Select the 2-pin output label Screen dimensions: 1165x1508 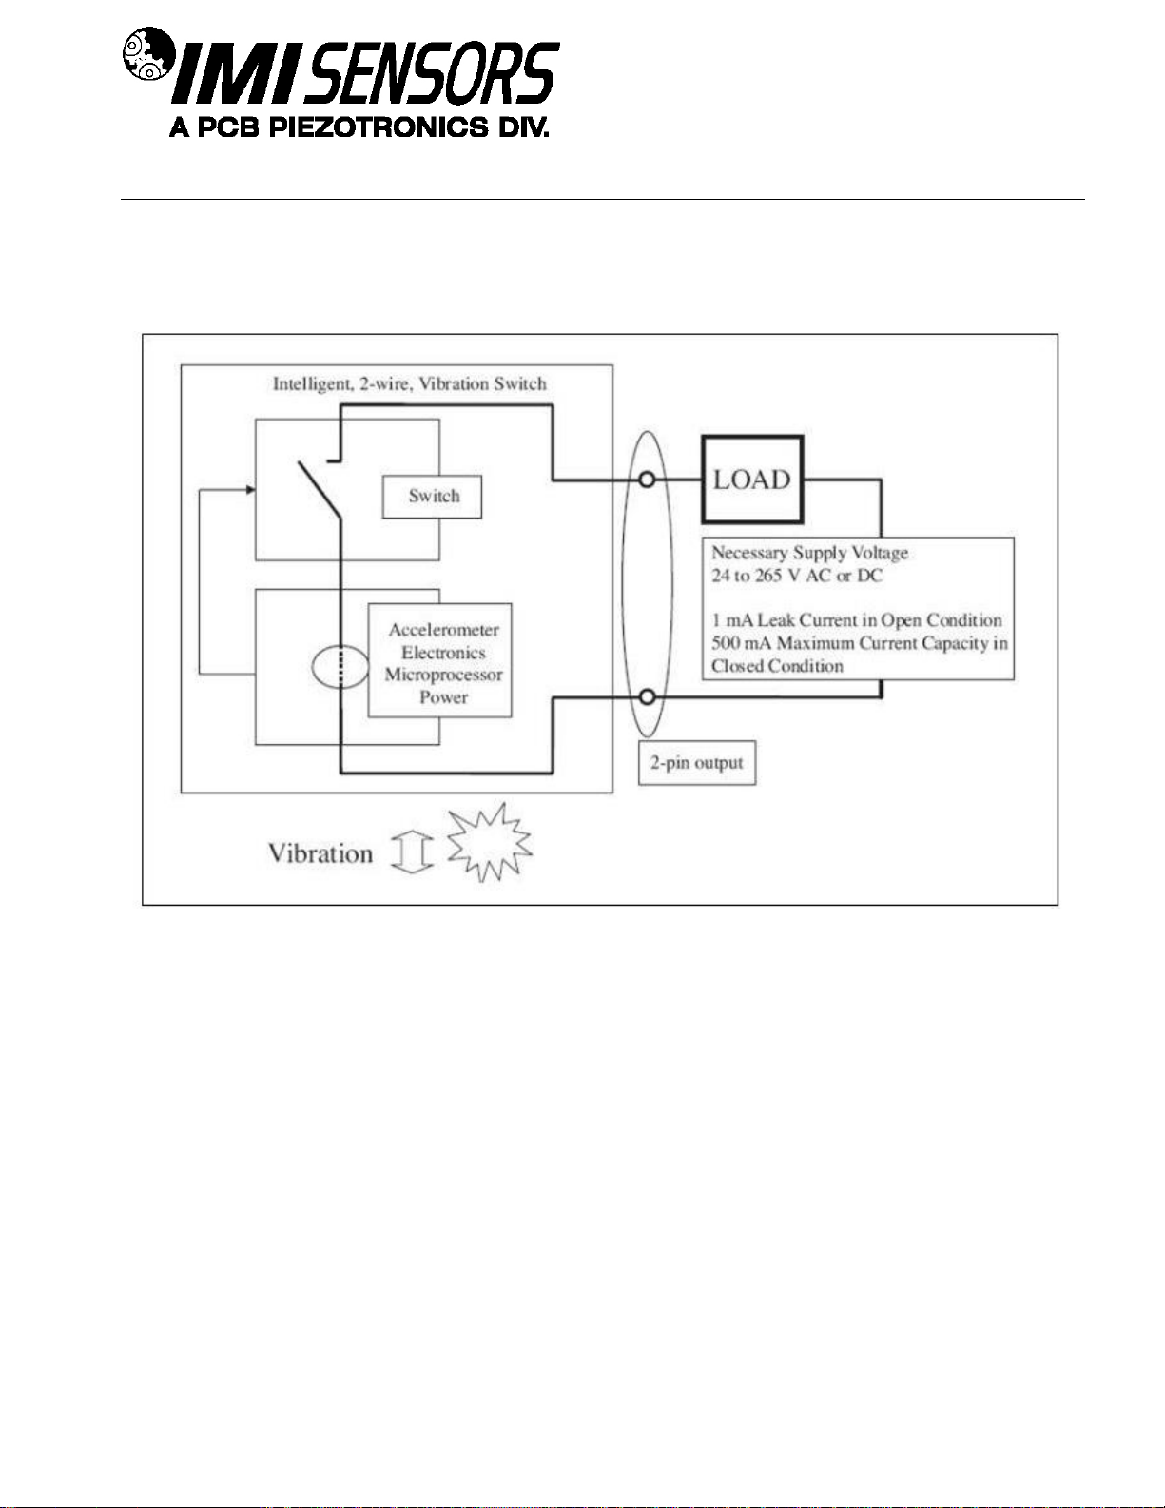tap(697, 763)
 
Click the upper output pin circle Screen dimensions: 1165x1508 tap(647, 480)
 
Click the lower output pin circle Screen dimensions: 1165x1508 tap(647, 696)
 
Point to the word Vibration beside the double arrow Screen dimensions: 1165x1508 tap(320, 853)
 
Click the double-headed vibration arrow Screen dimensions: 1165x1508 tap(412, 852)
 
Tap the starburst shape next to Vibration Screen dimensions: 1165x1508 tap(490, 842)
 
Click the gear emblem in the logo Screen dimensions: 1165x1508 tap(147, 53)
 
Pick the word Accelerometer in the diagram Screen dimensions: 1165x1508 tap(444, 630)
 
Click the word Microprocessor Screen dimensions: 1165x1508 tap(444, 675)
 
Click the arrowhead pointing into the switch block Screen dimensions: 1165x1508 tap(251, 490)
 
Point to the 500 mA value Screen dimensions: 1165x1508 tap(741, 643)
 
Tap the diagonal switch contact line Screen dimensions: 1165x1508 tap(320, 490)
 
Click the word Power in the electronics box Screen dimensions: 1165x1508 tap(444, 697)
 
